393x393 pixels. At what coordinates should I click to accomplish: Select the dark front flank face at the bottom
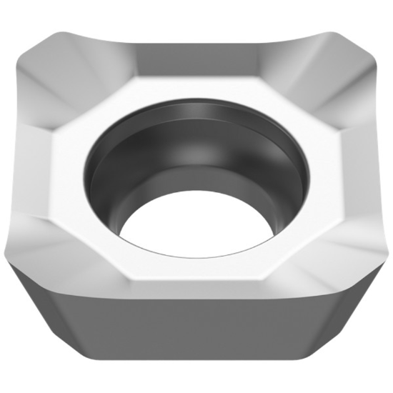(196, 336)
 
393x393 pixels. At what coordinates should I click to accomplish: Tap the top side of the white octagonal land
(196, 86)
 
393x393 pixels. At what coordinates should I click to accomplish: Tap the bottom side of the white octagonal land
(196, 275)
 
